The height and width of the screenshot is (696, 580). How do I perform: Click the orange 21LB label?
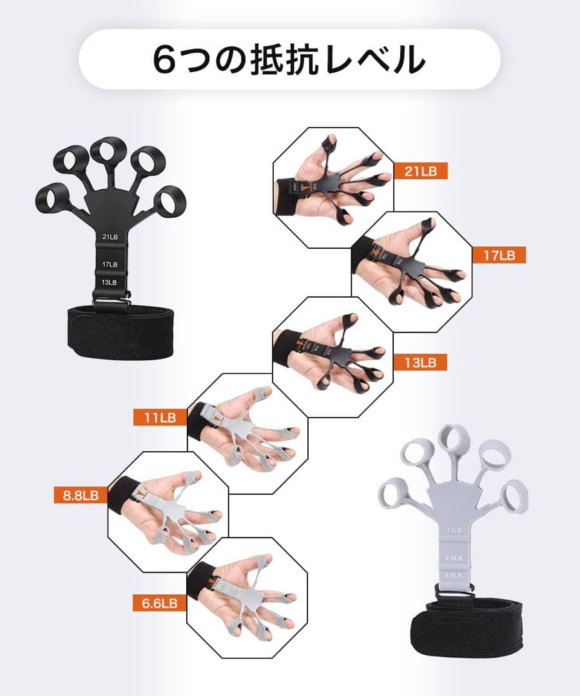[422, 171]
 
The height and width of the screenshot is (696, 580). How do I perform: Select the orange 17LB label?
[499, 255]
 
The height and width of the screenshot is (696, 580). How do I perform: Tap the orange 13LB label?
[423, 362]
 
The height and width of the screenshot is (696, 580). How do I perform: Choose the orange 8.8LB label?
[81, 495]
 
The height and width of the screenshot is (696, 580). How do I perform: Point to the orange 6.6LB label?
[155, 603]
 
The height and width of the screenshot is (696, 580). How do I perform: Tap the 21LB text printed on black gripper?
[110, 237]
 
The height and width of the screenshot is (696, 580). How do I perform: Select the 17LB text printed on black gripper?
[110, 264]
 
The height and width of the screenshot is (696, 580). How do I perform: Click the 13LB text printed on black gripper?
[110, 282]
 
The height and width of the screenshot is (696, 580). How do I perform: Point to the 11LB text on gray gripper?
[454, 530]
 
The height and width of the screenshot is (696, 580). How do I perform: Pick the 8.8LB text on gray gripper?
[454, 558]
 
